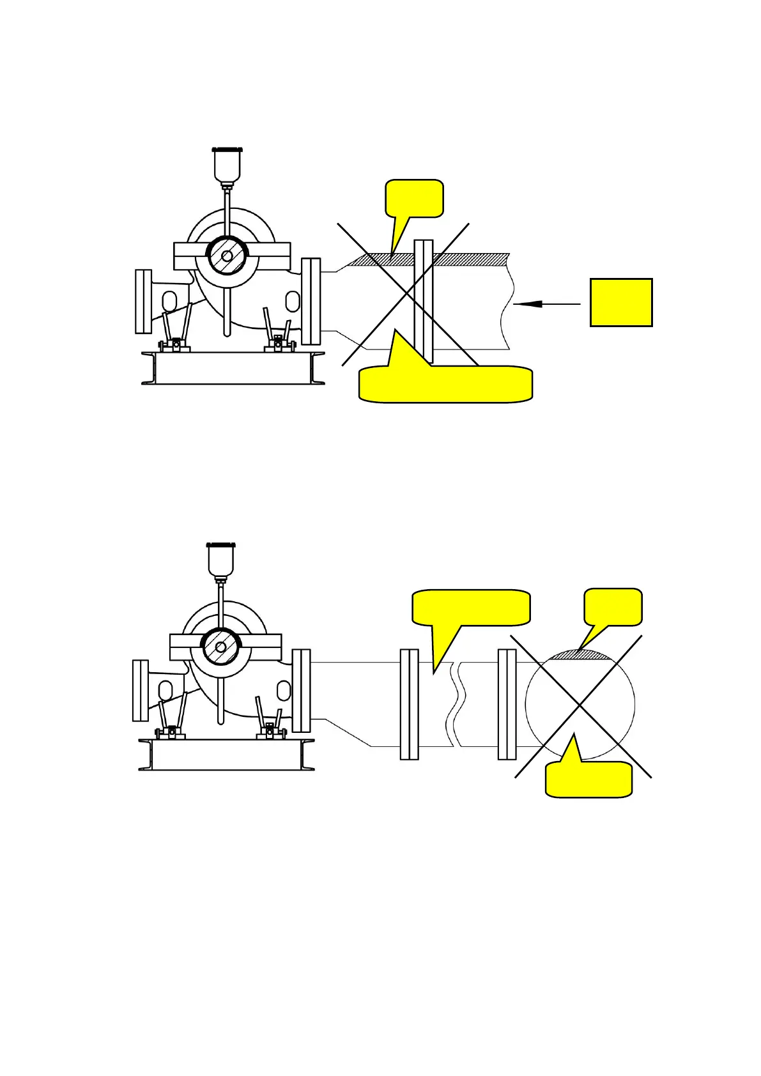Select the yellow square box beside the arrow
tap(620, 302)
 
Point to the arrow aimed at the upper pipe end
tap(546, 304)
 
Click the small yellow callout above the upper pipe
tap(414, 199)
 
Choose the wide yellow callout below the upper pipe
tap(445, 384)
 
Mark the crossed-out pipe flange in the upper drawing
tap(423, 300)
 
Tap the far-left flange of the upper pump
tap(143, 301)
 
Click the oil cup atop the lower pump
tap(221, 558)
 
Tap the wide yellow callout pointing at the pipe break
tap(472, 607)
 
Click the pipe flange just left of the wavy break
tap(409, 704)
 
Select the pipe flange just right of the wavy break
tap(507, 704)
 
